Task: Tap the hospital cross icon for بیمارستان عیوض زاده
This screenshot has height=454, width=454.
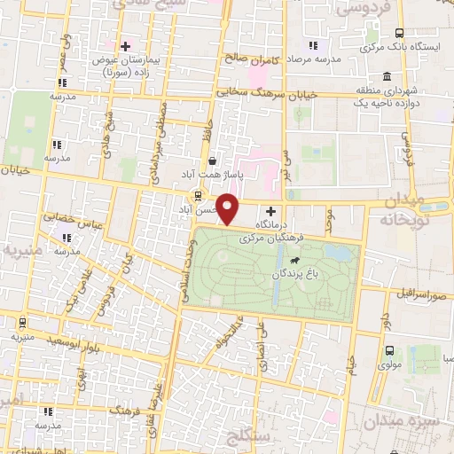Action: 125,46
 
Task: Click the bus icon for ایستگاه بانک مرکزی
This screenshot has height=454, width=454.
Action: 398,32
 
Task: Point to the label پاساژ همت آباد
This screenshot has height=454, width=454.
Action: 209,174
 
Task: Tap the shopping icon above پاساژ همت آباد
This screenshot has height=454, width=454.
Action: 212,160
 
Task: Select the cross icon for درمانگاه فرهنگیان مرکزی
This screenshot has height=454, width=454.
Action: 270,213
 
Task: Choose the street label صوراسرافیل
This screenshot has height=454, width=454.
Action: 419,294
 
